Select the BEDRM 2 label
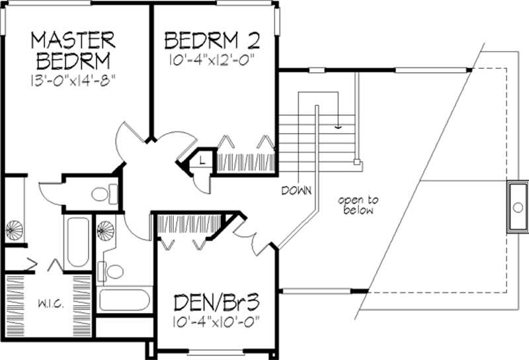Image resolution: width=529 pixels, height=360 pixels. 211,41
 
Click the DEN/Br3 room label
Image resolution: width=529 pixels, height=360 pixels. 214,305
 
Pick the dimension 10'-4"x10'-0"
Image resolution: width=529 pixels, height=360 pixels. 214,325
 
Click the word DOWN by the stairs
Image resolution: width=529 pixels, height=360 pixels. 296,191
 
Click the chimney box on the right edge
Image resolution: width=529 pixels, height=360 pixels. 518,206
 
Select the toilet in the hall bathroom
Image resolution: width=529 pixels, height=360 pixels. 114,271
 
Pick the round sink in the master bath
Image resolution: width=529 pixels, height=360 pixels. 14,231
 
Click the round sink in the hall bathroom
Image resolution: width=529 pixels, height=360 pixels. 106,230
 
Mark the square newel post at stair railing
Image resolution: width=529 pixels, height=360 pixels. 357,161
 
